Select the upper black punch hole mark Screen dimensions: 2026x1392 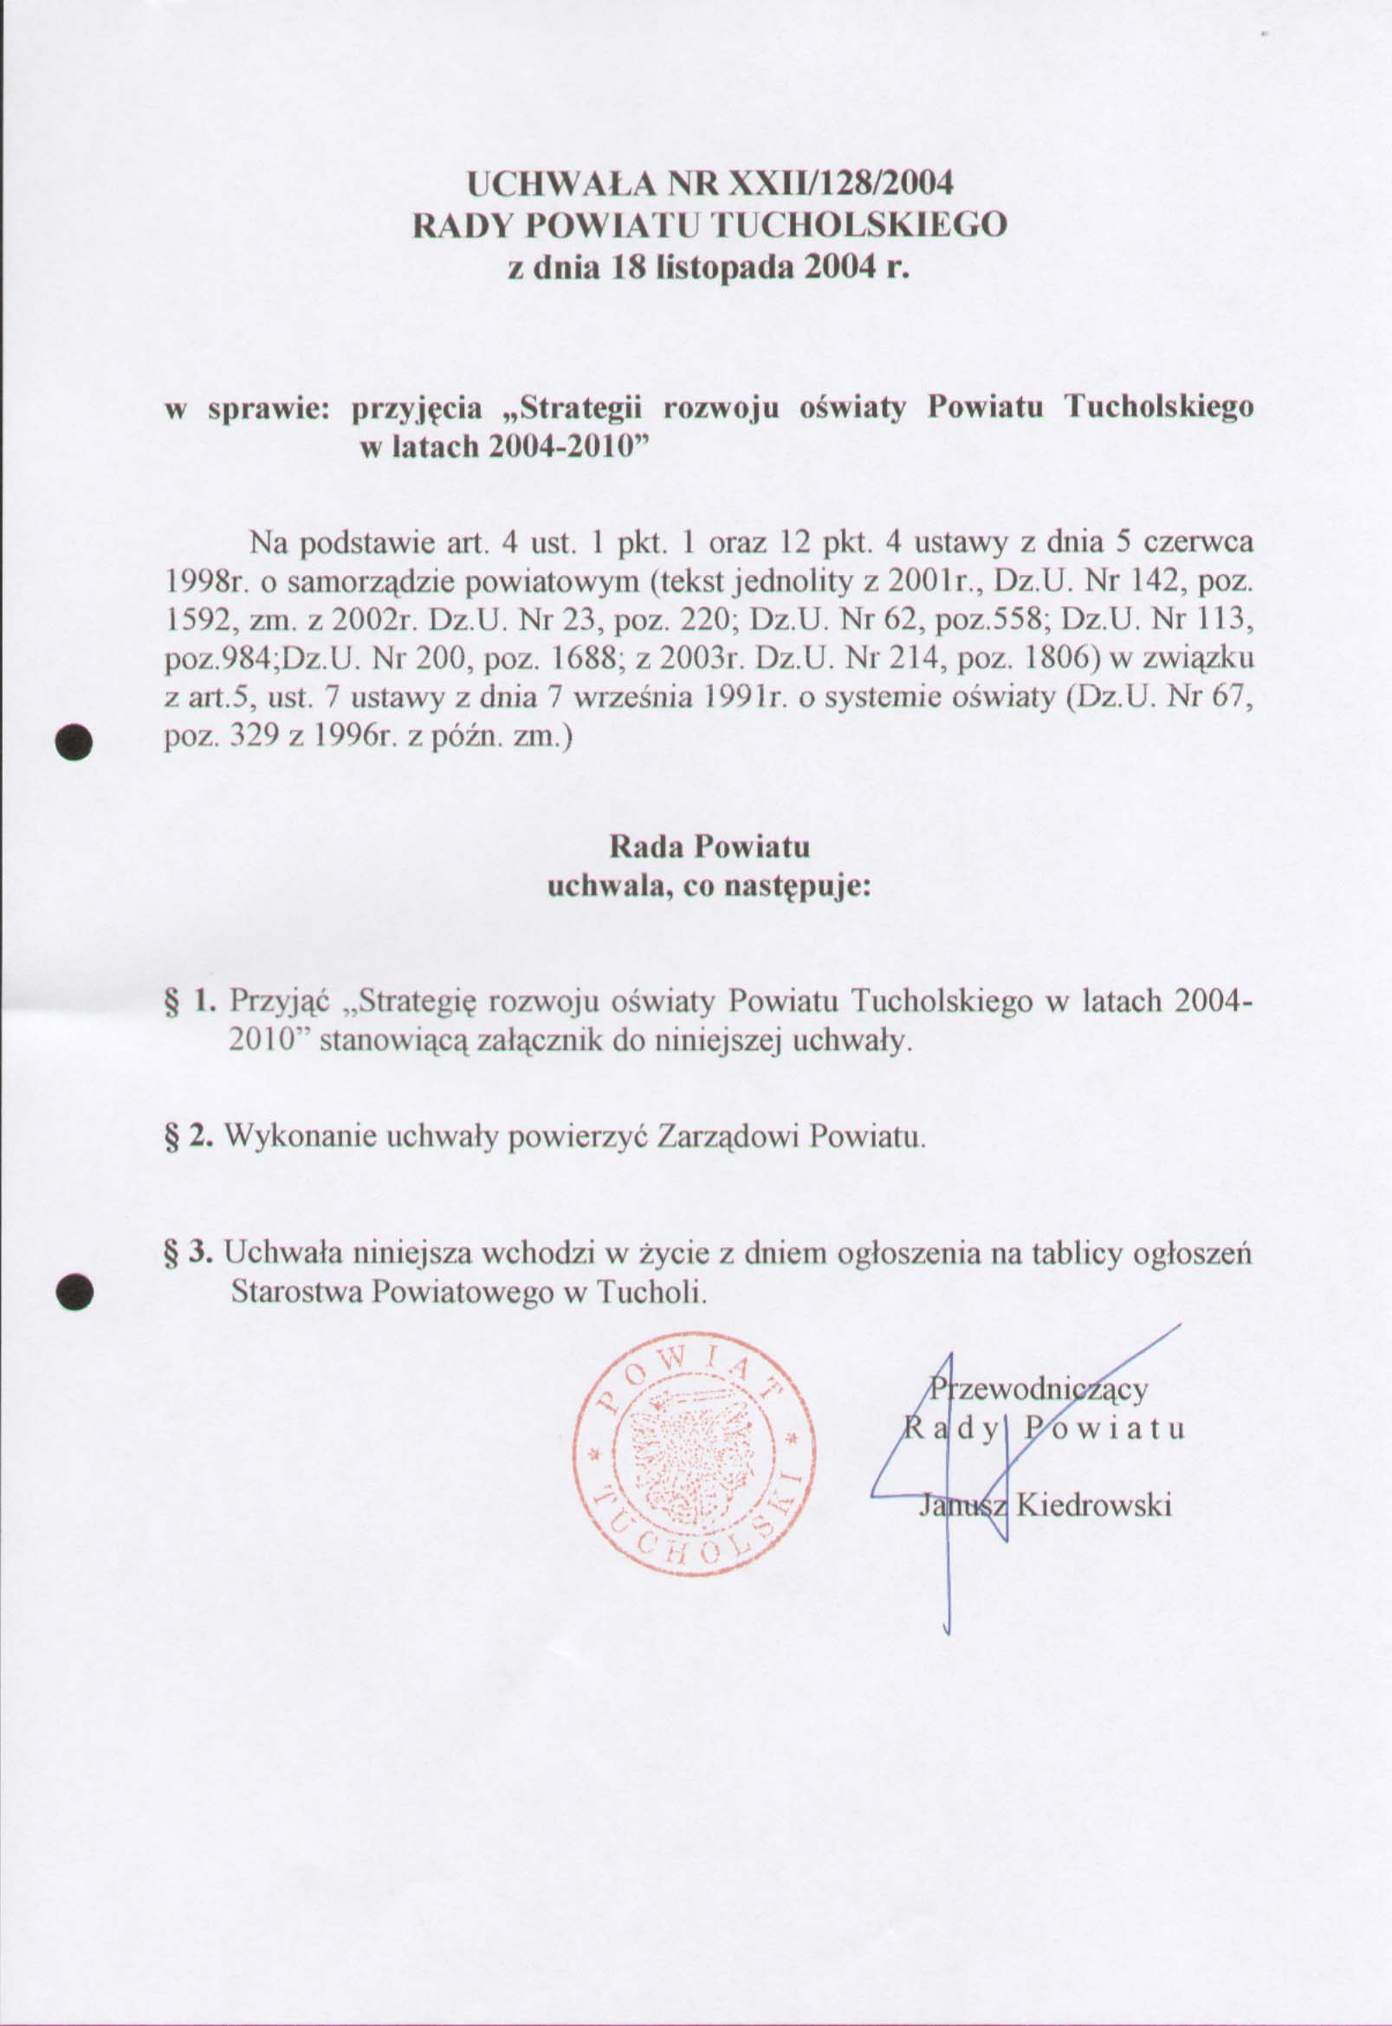click(x=74, y=741)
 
